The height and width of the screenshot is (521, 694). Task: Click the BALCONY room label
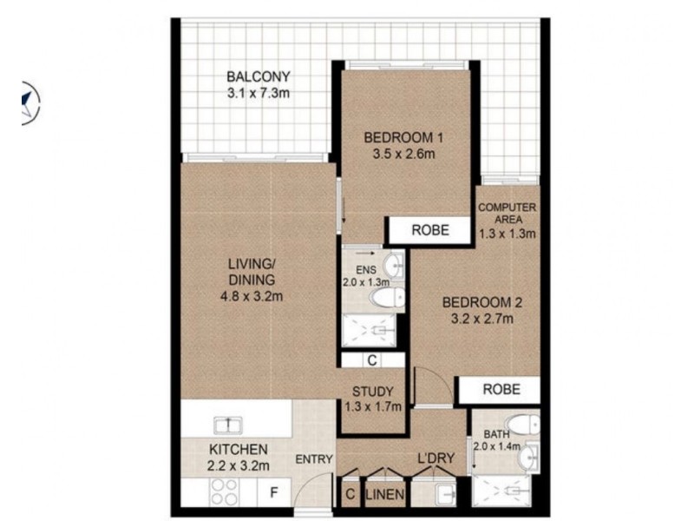pos(258,76)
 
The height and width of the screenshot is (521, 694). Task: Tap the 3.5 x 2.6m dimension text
pos(403,155)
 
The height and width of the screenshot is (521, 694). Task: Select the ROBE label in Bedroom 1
pos(430,230)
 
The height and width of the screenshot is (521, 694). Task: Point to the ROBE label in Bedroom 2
pos(501,389)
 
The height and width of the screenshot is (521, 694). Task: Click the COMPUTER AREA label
pos(507,213)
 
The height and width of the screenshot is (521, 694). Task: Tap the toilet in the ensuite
pos(387,297)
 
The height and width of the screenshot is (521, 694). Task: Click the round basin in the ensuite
pos(394,265)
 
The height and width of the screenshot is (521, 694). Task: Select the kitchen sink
pos(228,425)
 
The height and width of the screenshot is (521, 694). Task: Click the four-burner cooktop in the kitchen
pos(225,491)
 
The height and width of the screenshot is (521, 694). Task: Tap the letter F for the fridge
pos(274,492)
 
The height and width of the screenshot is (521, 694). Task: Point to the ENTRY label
pos(314,459)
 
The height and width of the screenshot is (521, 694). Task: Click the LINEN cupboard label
pos(385,494)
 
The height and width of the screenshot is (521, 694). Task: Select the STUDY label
pos(373,392)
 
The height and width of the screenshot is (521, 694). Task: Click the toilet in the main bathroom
pos(523,425)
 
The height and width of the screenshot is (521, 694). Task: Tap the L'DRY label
pos(436,458)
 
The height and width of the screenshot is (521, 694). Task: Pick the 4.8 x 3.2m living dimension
pos(252,296)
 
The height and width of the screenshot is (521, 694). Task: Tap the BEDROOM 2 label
pos(482,302)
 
